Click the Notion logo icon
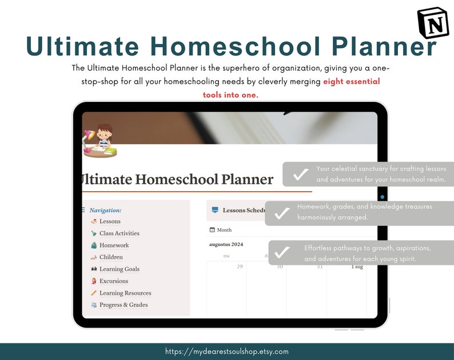pyautogui.click(x=433, y=22)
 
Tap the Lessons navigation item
pyautogui.click(x=110, y=221)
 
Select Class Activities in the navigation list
pyautogui.click(x=119, y=234)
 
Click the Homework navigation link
pyautogui.click(x=114, y=246)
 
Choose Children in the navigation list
pyautogui.click(x=111, y=258)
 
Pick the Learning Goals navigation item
pyautogui.click(x=119, y=269)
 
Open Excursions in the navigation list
pyautogui.click(x=113, y=281)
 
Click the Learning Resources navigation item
pyautogui.click(x=125, y=293)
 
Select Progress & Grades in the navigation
pyautogui.click(x=124, y=305)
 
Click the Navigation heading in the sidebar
pyautogui.click(x=105, y=210)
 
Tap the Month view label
pyautogui.click(x=224, y=230)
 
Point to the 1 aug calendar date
pyautogui.click(x=357, y=267)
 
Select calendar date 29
pyautogui.click(x=240, y=267)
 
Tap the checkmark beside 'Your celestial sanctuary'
pyautogui.click(x=300, y=175)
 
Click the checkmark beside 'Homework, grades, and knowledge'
pyautogui.click(x=281, y=213)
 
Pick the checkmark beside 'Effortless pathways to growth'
pyautogui.click(x=282, y=252)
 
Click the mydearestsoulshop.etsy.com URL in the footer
pyautogui.click(x=226, y=351)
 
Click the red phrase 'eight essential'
pyautogui.click(x=351, y=81)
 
